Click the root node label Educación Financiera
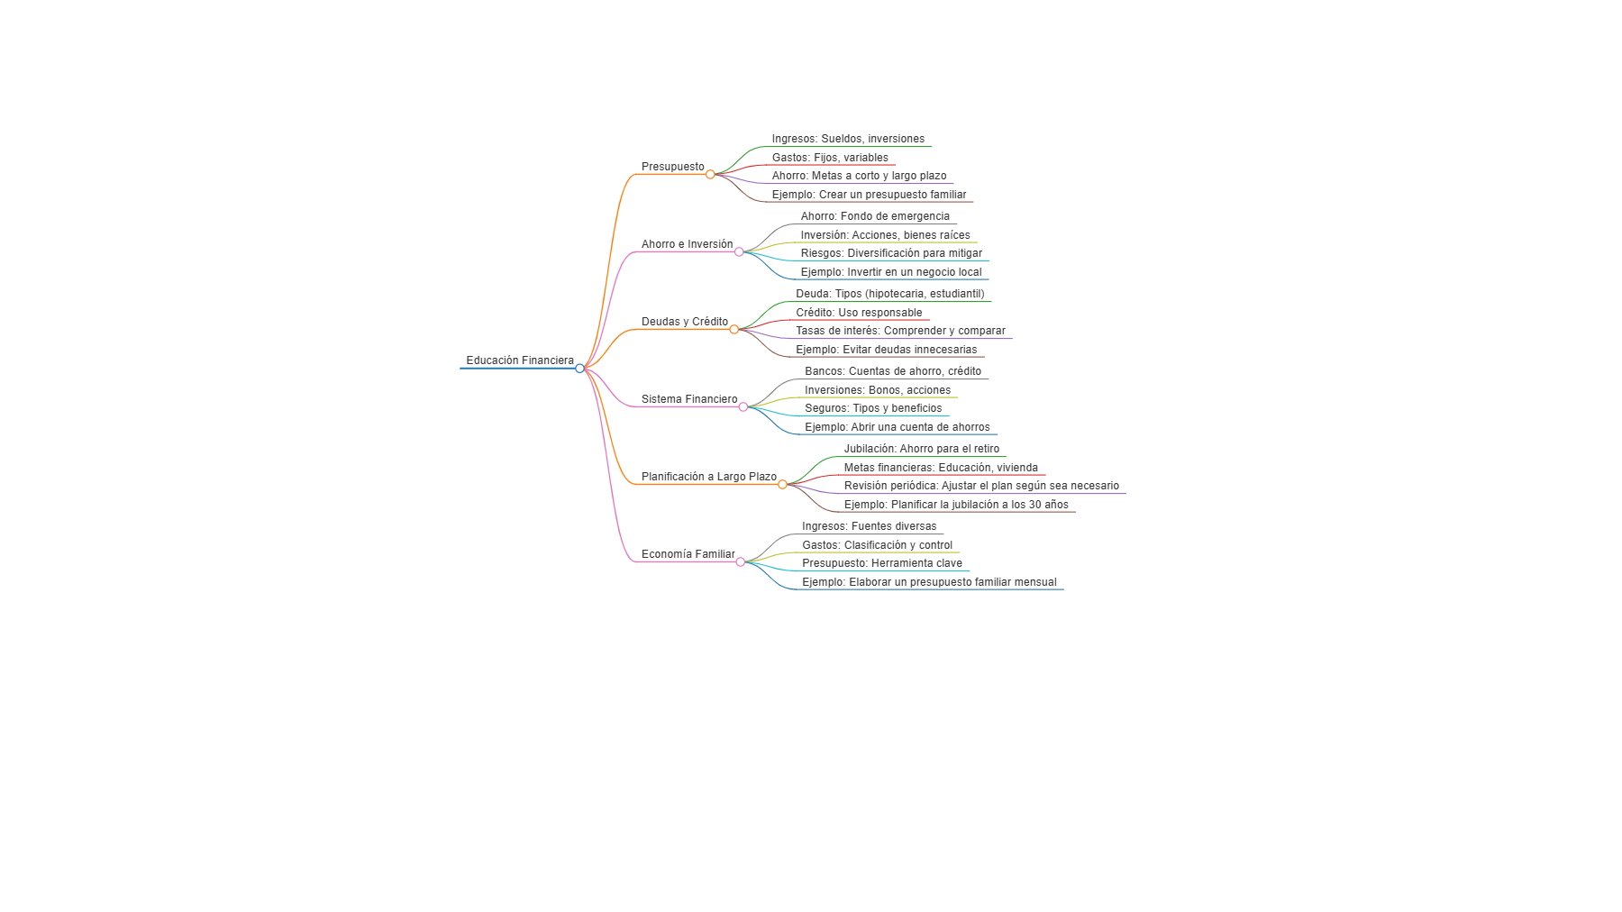click(520, 360)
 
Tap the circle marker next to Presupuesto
click(710, 174)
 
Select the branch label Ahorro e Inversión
click(687, 244)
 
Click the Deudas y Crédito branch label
click(684, 322)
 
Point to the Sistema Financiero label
click(688, 399)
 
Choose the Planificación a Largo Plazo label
click(708, 477)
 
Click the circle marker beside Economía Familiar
click(741, 561)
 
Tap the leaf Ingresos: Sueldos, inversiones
click(848, 139)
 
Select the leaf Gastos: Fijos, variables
click(830, 158)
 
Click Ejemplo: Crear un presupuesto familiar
click(869, 195)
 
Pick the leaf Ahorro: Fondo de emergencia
click(875, 216)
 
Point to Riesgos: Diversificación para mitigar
click(891, 253)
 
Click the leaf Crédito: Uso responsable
click(859, 313)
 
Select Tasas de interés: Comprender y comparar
click(900, 331)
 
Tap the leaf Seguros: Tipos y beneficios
click(873, 408)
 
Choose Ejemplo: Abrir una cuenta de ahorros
click(897, 427)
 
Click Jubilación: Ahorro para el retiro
click(921, 449)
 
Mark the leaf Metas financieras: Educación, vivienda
click(941, 468)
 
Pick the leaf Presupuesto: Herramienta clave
click(881, 563)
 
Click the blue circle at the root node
click(579, 368)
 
